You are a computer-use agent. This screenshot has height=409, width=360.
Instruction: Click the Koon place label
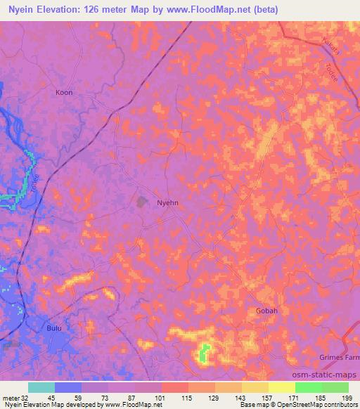pyautogui.click(x=64, y=92)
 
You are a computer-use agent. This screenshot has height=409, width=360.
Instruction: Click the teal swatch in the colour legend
pyautogui.click(x=41, y=387)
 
